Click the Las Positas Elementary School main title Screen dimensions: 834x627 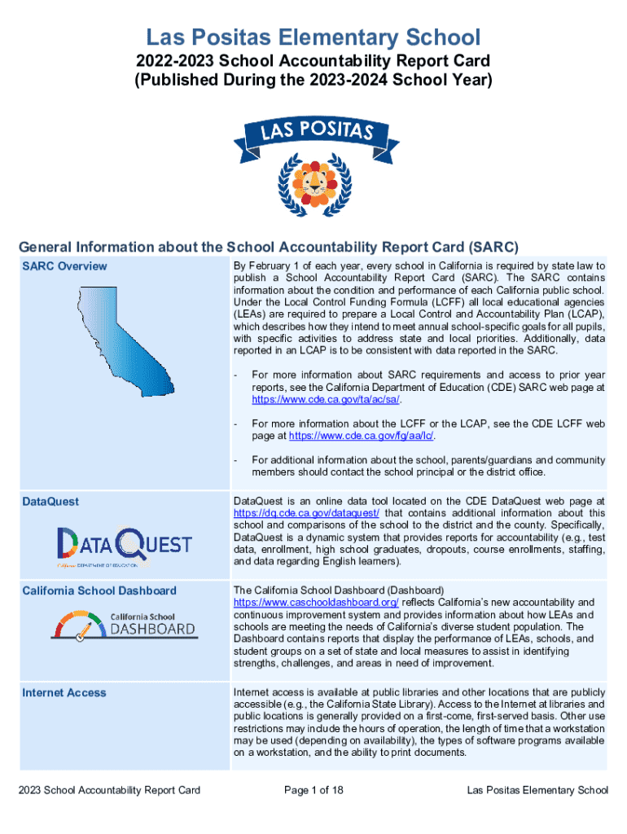[313, 37]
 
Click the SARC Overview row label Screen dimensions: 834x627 [64, 266]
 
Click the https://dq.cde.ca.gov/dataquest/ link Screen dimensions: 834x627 [306, 513]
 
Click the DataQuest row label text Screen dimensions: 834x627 [50, 502]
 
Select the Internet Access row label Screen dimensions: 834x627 [64, 692]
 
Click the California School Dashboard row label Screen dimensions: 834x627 [99, 590]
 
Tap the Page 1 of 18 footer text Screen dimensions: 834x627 [313, 790]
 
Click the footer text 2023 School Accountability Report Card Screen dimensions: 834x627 [110, 790]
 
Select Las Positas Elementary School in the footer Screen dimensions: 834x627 [537, 790]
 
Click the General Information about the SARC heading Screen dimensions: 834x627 [268, 247]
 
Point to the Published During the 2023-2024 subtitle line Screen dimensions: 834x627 [313, 80]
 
